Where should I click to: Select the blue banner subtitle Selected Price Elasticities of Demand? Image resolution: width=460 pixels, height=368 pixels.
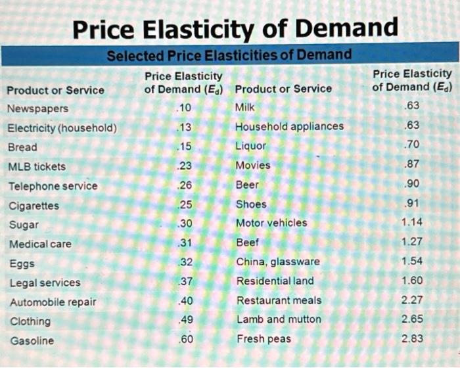(229, 55)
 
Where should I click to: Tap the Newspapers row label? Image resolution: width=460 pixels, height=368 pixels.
(37, 108)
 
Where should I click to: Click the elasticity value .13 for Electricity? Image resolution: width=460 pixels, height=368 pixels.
(184, 127)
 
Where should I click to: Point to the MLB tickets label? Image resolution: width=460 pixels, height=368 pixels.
(36, 166)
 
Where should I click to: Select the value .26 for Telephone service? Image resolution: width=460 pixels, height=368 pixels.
(185, 185)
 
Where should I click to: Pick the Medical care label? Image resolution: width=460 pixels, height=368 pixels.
(40, 244)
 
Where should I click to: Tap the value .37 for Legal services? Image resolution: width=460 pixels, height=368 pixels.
(185, 282)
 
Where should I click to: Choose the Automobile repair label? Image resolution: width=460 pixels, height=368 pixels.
(53, 302)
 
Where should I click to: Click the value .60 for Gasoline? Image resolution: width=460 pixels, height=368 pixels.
(185, 340)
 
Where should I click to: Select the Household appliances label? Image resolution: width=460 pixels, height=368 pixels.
(289, 126)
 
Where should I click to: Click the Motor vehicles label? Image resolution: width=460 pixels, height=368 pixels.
(271, 223)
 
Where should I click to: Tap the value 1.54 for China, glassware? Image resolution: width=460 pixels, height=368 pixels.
(412, 261)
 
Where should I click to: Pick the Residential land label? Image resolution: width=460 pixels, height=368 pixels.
(275, 281)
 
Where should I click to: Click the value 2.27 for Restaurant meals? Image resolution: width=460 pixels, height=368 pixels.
(412, 300)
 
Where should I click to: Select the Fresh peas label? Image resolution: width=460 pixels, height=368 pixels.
(260, 338)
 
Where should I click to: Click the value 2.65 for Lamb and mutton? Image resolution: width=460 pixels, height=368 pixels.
(412, 319)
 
